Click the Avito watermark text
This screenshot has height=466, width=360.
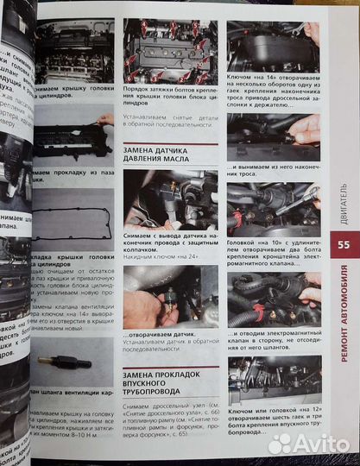(x=310, y=444)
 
